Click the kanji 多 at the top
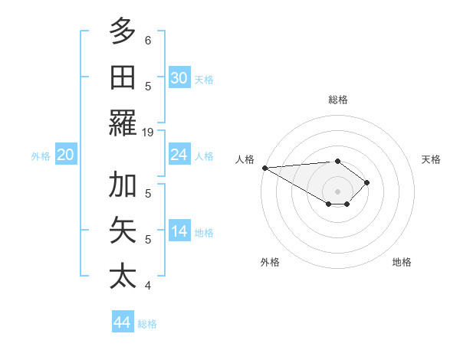coord(123,31)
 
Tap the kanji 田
coord(123,77)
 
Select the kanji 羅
coord(123,123)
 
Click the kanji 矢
coord(123,231)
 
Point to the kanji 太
coord(123,276)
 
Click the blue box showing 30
coord(179,77)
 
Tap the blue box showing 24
coord(179,155)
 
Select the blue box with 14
coord(179,231)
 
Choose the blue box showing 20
coord(65,155)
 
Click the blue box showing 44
coord(122,322)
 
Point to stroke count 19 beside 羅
coord(148,133)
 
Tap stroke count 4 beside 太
coord(148,286)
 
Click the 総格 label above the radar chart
coord(338,100)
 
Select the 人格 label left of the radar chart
coord(245,159)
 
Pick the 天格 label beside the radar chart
coord(432,159)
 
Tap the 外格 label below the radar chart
coord(270,263)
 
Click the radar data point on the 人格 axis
coord(264,168)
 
